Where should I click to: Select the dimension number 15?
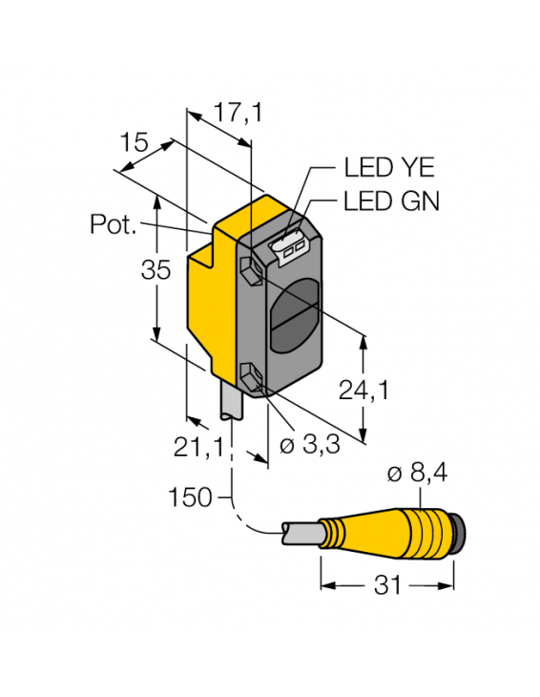135,144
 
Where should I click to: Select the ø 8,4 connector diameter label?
418,474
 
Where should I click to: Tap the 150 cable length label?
191,496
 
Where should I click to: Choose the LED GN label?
391,201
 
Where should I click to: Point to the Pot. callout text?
114,225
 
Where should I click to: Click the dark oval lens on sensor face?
294,316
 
